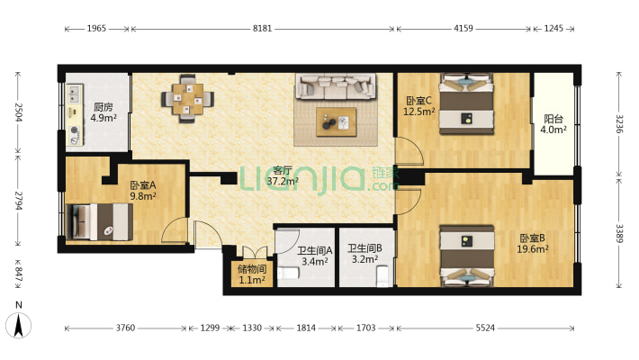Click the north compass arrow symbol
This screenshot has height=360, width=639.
18,325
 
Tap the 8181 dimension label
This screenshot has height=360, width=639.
262,29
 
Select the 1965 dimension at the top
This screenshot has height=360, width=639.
96,29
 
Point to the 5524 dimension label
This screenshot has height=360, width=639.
485,328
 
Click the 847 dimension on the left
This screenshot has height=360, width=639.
19,274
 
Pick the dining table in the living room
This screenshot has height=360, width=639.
187,99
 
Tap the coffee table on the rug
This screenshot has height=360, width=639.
337,121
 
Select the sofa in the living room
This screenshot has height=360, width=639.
336,86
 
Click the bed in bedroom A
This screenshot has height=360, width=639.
99,221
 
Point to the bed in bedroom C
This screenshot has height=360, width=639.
466,104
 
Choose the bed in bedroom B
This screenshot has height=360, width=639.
467,256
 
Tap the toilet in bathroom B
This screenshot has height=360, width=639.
383,275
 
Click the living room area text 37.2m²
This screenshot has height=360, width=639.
283,181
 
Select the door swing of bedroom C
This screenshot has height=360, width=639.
409,151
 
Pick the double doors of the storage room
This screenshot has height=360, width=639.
255,252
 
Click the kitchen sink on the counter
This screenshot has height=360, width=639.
74,94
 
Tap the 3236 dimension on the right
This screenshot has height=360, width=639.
619,124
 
